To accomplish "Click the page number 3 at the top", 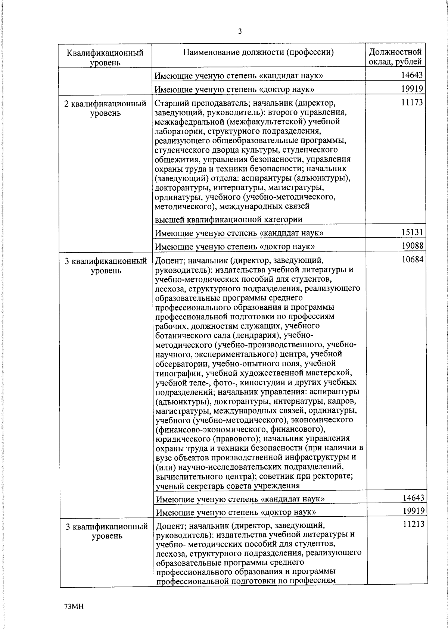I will (240, 31).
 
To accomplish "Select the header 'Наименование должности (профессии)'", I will (258, 52).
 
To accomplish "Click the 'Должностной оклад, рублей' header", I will (395, 57).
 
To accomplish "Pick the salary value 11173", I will (412, 102).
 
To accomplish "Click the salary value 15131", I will (412, 232).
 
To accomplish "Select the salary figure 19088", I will (412, 245).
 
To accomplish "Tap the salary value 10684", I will (412, 259).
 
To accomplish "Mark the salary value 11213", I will (413, 525).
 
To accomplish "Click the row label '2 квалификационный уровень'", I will (105, 108).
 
